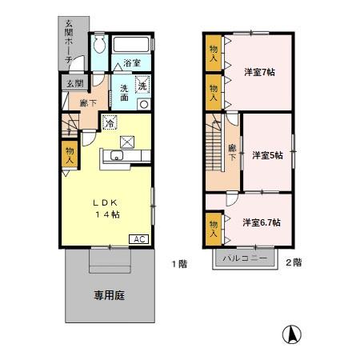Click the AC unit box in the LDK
(x=138, y=239)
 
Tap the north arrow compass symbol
(x=294, y=334)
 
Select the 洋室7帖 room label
(x=259, y=72)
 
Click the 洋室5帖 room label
(x=267, y=155)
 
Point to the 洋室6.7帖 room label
(x=261, y=222)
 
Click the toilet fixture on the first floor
(x=99, y=44)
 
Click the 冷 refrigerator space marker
(x=110, y=122)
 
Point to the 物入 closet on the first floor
(x=69, y=154)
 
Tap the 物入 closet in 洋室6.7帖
(x=214, y=229)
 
